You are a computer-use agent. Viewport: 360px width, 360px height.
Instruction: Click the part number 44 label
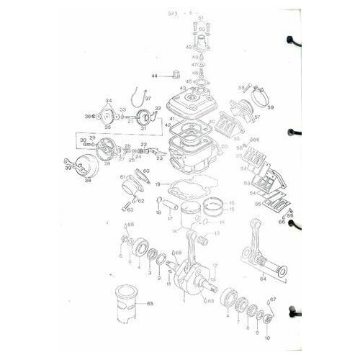click(x=153, y=76)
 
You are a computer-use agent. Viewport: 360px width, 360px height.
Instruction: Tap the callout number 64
click(x=263, y=279)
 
